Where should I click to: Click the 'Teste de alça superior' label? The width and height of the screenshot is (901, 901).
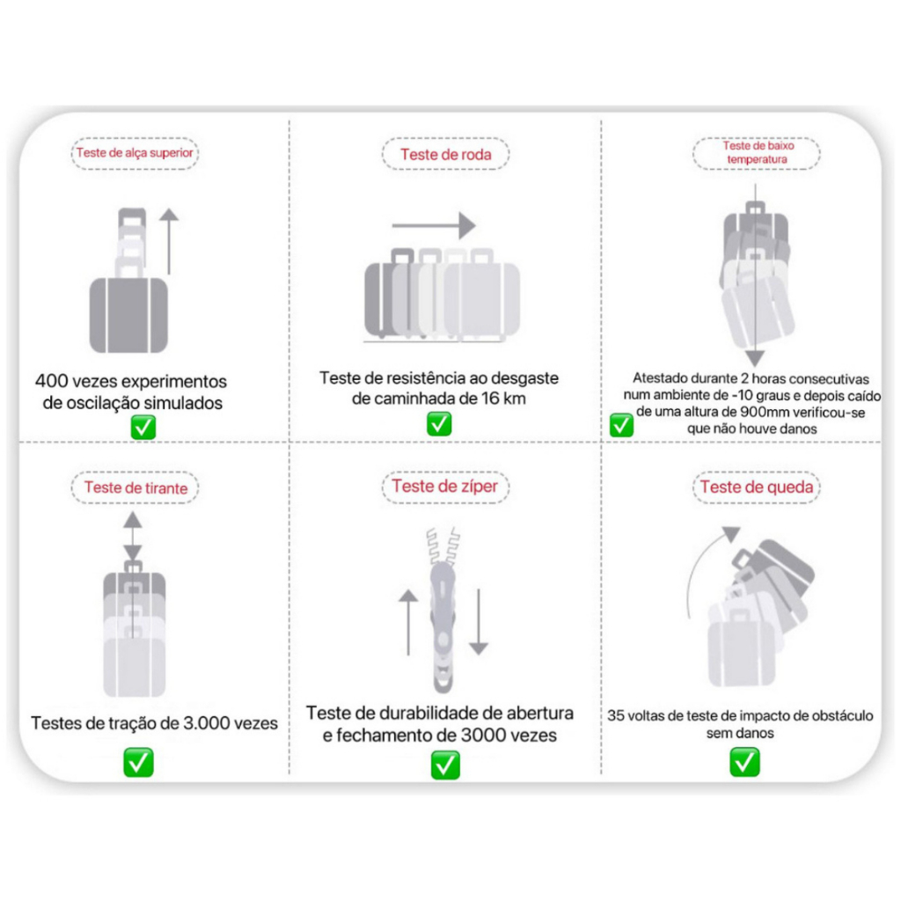pos(135,153)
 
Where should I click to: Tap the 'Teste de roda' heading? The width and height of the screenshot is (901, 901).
pos(446,154)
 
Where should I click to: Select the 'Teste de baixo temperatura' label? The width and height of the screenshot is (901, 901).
pos(758,153)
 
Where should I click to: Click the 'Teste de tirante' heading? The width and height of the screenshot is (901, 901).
pos(136,487)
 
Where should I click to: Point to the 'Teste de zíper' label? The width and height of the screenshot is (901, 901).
pos(444,486)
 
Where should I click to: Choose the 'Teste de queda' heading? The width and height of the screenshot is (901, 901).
pos(757,487)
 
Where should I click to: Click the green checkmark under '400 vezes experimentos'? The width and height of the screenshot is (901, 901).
pos(143,427)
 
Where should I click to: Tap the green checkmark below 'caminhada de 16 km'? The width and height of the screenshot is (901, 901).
pos(439,424)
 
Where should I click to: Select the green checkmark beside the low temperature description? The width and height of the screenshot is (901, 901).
pos(621,425)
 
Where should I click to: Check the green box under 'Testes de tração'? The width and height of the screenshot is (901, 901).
pos(138,762)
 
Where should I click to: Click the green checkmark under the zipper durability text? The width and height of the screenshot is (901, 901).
pos(445,765)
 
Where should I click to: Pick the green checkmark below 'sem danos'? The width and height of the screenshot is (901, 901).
pos(744,762)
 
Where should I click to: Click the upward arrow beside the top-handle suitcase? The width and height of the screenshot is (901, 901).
pos(169,241)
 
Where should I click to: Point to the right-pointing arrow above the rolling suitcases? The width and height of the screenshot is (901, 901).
pos(434,225)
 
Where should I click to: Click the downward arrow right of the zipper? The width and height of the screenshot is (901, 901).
pos(479,622)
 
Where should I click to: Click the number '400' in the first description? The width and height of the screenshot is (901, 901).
pos(52,381)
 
